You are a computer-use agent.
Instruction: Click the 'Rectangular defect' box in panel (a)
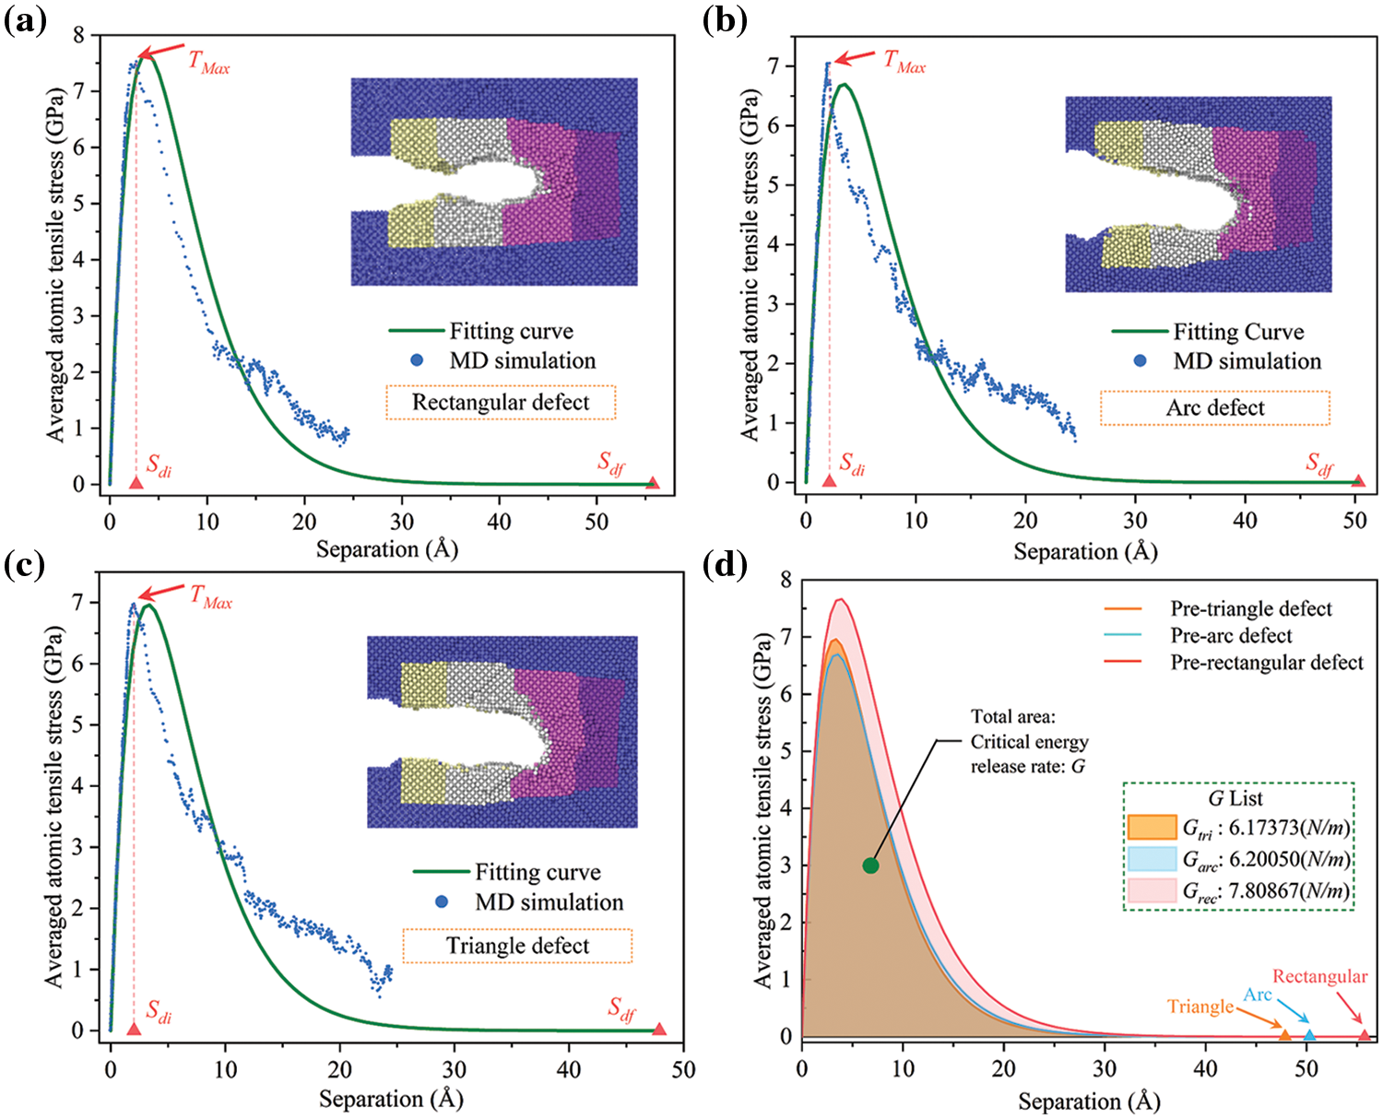[x=501, y=403]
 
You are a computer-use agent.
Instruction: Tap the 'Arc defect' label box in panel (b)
[x=1215, y=408]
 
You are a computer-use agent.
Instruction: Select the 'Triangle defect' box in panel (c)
[x=517, y=947]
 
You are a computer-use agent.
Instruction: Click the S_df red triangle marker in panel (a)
[x=653, y=482]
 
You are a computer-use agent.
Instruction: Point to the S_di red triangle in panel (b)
[x=829, y=480]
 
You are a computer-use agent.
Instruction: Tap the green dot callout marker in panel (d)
[x=870, y=865]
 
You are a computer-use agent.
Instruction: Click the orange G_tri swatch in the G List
[x=1152, y=827]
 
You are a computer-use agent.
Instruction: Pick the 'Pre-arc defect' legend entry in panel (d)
[x=1231, y=635]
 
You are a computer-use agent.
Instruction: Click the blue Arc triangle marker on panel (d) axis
[x=1309, y=1035]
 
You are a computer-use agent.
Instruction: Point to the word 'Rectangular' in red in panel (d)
[x=1319, y=976]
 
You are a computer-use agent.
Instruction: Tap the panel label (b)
[x=725, y=20]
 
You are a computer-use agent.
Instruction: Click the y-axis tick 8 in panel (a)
[x=78, y=35]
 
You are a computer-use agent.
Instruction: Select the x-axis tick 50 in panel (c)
[x=683, y=1069]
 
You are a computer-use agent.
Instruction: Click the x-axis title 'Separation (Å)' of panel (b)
[x=1085, y=551]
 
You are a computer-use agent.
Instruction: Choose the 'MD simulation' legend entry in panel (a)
[x=522, y=360]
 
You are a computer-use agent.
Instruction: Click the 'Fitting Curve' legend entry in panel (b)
[x=1237, y=332]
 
